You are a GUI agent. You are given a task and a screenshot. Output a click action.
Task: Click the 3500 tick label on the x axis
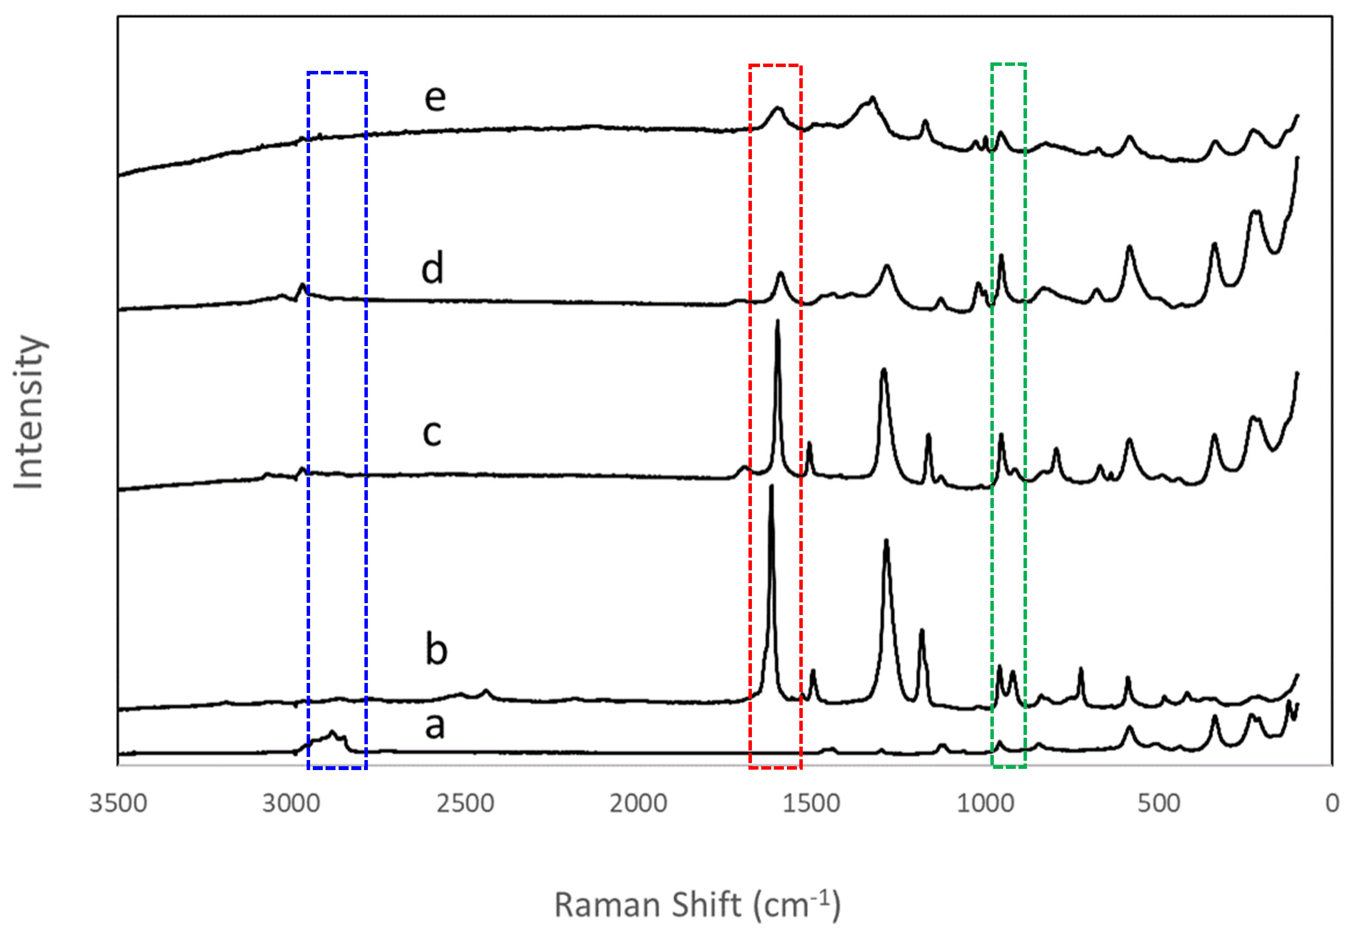click(x=118, y=803)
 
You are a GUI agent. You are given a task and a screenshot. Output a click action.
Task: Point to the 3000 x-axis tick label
click(x=291, y=803)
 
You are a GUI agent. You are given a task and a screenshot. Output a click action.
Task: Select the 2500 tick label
click(x=465, y=803)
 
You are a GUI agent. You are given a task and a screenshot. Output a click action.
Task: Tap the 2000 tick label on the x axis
click(x=638, y=803)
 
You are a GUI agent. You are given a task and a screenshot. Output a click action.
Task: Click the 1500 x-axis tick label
click(x=812, y=803)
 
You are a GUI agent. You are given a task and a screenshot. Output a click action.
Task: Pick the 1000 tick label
click(x=985, y=803)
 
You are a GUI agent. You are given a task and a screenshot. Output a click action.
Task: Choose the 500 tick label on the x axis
click(x=1159, y=803)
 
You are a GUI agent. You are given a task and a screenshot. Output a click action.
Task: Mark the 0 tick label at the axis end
click(x=1332, y=803)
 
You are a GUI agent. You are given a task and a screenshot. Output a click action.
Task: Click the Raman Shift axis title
click(x=697, y=905)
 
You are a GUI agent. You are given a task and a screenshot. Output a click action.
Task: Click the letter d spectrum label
click(x=433, y=268)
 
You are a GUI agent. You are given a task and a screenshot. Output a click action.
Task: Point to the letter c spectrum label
click(x=432, y=434)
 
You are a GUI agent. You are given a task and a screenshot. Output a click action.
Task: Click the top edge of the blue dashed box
click(x=337, y=72)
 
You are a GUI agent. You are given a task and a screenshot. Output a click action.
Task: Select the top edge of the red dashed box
click(x=775, y=66)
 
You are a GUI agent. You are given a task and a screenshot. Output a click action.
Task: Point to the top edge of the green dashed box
click(x=1008, y=64)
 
